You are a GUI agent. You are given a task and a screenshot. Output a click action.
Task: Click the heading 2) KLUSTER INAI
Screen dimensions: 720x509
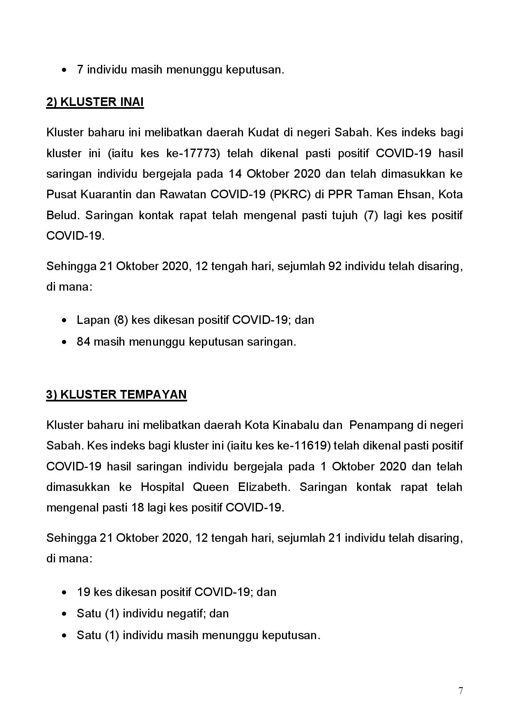pos(95,102)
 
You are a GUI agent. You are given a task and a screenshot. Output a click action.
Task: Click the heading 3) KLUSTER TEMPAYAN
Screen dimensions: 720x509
pos(117,394)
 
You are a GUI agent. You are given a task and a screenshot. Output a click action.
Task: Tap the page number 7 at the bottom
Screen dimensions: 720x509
pos(461,691)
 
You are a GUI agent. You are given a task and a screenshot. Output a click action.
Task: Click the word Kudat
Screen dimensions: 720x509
pos(263,133)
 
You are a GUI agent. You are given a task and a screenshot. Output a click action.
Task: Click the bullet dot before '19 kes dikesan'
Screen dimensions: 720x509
pos(64,593)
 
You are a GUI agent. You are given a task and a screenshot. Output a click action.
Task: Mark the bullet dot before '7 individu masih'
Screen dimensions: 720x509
pos(64,70)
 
